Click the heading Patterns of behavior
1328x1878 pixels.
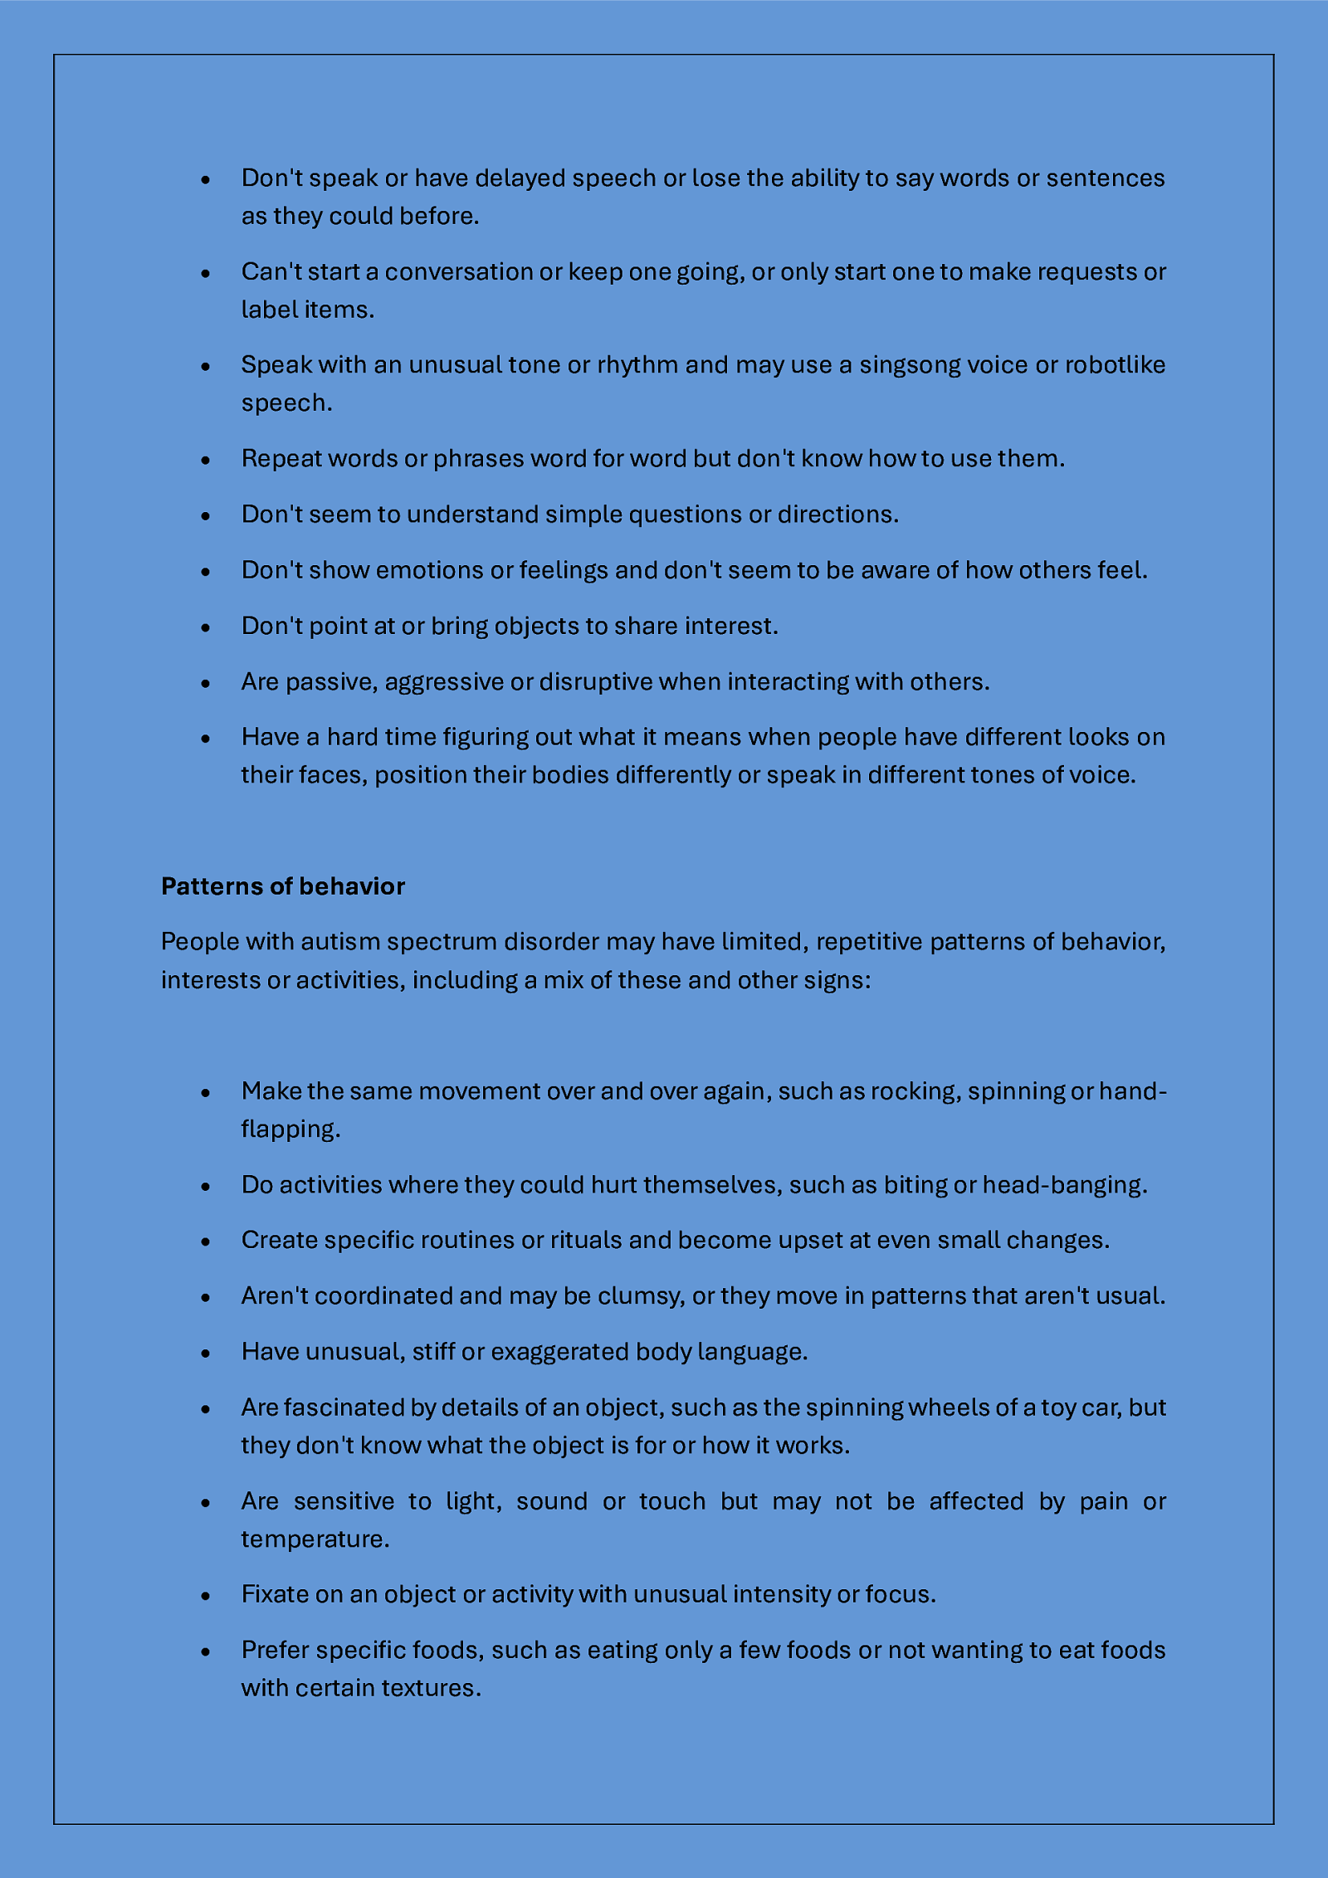pyautogui.click(x=282, y=886)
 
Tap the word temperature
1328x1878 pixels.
pyautogui.click(x=315, y=1539)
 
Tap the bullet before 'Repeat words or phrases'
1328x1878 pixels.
pyautogui.click(x=206, y=460)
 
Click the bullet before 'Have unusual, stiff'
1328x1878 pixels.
pyautogui.click(x=206, y=1353)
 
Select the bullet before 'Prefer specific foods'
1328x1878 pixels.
pyautogui.click(x=206, y=1651)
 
